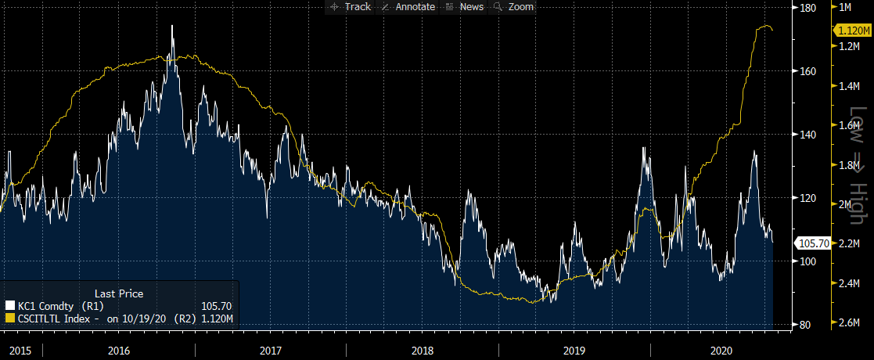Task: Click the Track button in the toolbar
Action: point(351,6)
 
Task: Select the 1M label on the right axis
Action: point(844,7)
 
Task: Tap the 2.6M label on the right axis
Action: point(850,324)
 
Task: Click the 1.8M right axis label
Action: point(850,165)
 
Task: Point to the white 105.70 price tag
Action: point(810,243)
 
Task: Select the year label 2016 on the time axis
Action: point(119,350)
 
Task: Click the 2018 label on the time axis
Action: point(422,350)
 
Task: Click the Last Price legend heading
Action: point(119,293)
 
